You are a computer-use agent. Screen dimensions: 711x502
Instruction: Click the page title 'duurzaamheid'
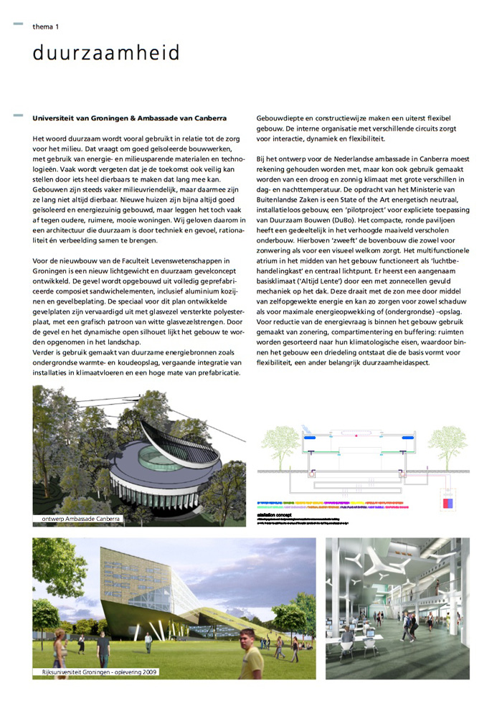106,53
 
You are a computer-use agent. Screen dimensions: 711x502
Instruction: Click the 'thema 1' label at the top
45,27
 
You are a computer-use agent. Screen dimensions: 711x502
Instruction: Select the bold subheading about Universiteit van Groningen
129,118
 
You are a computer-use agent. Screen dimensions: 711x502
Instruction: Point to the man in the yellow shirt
251,654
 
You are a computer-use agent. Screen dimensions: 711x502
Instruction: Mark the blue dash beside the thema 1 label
18,26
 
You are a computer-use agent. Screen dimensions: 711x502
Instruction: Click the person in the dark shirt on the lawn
103,648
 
